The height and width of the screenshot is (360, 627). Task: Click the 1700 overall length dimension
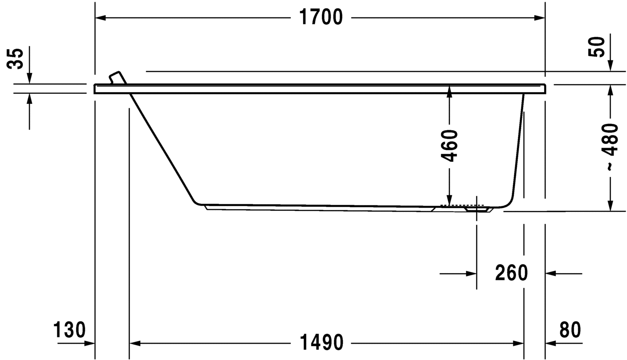[320, 17]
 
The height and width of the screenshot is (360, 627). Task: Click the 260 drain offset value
[512, 273]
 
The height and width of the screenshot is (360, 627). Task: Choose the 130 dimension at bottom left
[69, 330]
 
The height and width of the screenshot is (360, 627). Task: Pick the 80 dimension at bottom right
[570, 330]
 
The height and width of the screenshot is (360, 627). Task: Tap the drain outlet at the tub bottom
[476, 208]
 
